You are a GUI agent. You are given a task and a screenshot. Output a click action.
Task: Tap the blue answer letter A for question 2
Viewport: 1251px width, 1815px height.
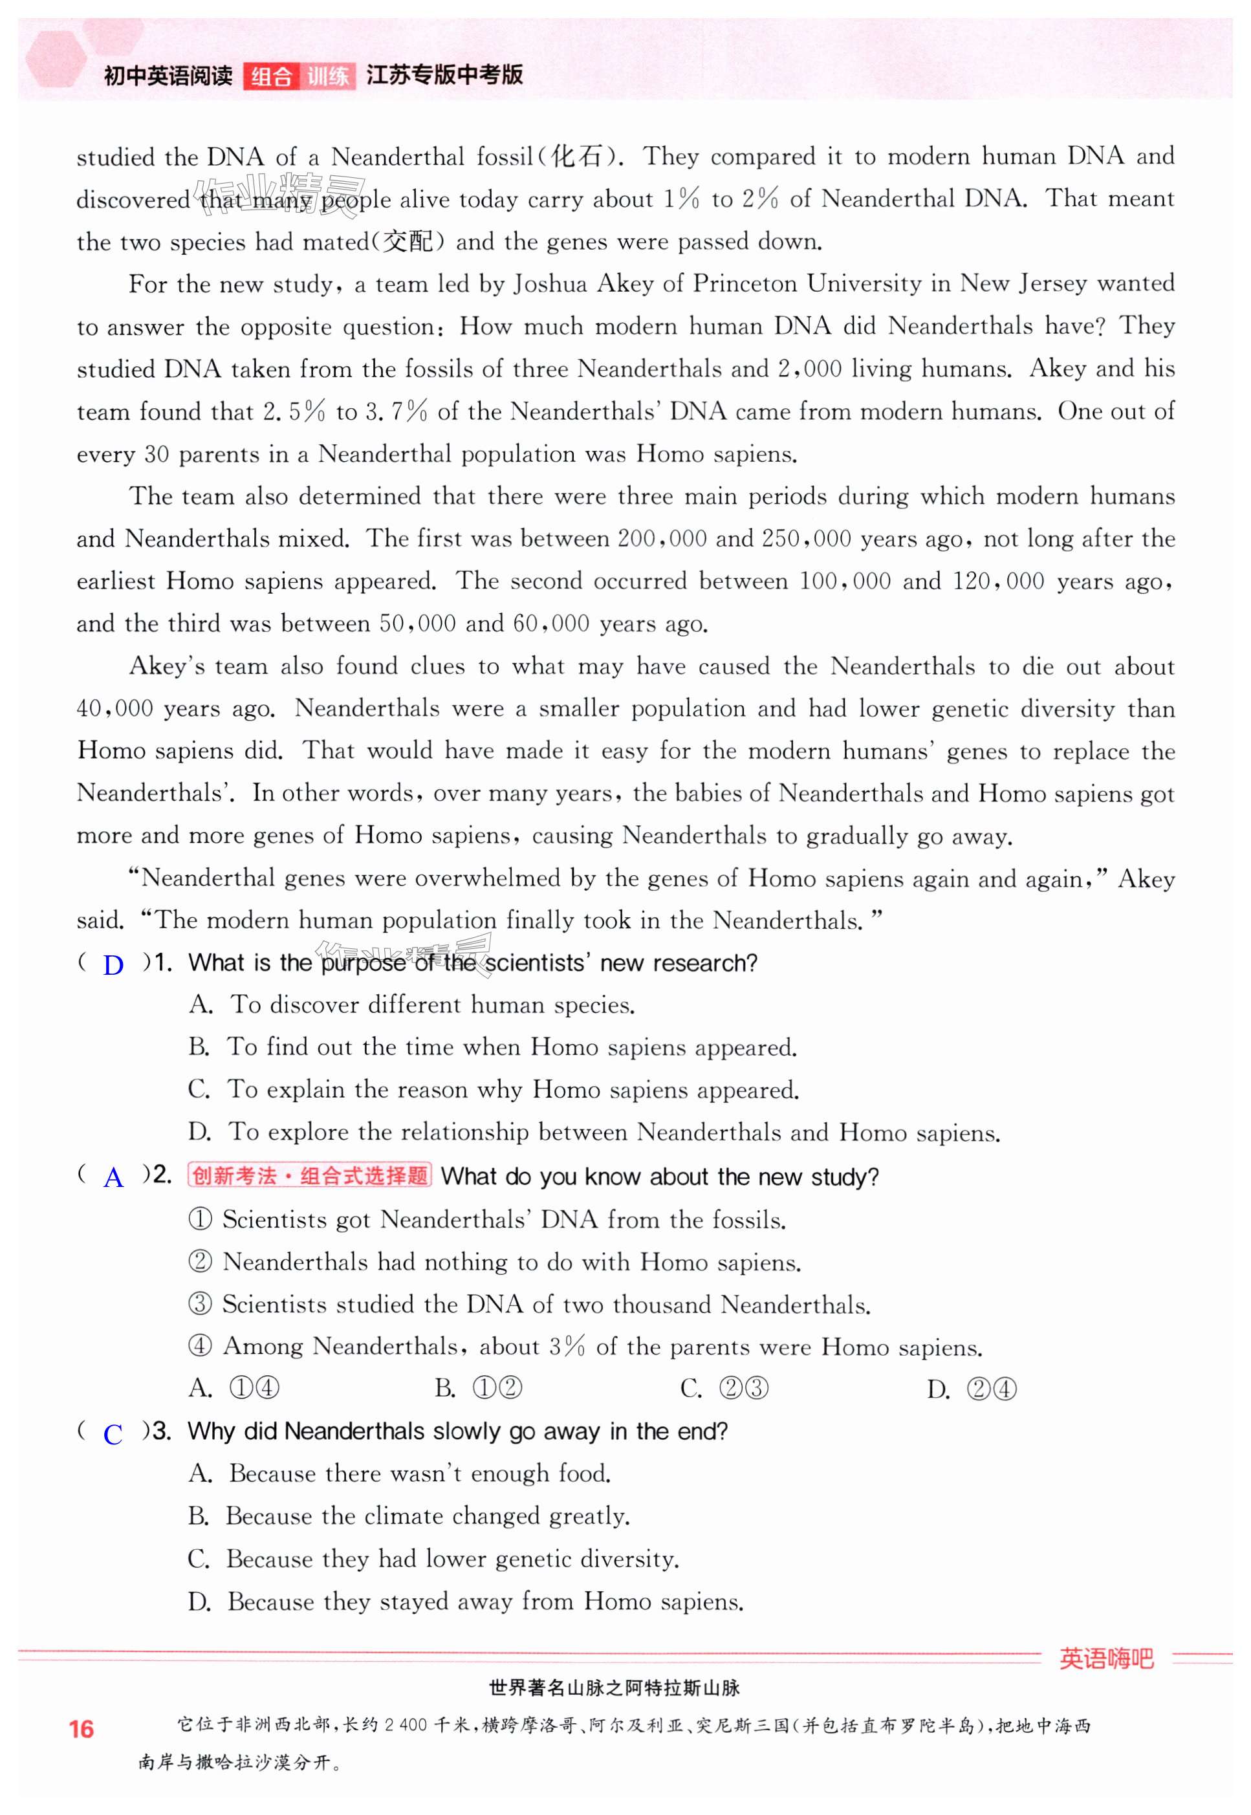[x=114, y=1178]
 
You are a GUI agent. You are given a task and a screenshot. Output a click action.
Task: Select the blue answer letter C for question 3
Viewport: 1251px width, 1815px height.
[x=113, y=1434]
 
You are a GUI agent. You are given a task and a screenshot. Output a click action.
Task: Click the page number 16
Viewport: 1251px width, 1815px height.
[x=81, y=1729]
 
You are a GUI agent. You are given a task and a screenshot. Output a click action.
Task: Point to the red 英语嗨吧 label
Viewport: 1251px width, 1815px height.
[x=1106, y=1659]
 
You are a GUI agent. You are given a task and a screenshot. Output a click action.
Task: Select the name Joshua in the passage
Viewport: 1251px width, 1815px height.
[x=549, y=284]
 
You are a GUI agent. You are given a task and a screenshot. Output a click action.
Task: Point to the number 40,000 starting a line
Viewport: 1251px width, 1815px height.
[x=114, y=708]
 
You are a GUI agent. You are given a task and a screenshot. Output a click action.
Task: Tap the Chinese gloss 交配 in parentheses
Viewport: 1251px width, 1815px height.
[x=408, y=241]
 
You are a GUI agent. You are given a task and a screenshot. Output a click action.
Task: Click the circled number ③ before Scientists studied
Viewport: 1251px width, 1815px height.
[x=200, y=1304]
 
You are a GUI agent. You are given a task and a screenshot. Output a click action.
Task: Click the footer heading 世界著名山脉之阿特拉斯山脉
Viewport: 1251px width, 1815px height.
[x=614, y=1688]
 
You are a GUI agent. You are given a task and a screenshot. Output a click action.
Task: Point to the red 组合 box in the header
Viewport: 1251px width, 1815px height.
[x=271, y=76]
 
